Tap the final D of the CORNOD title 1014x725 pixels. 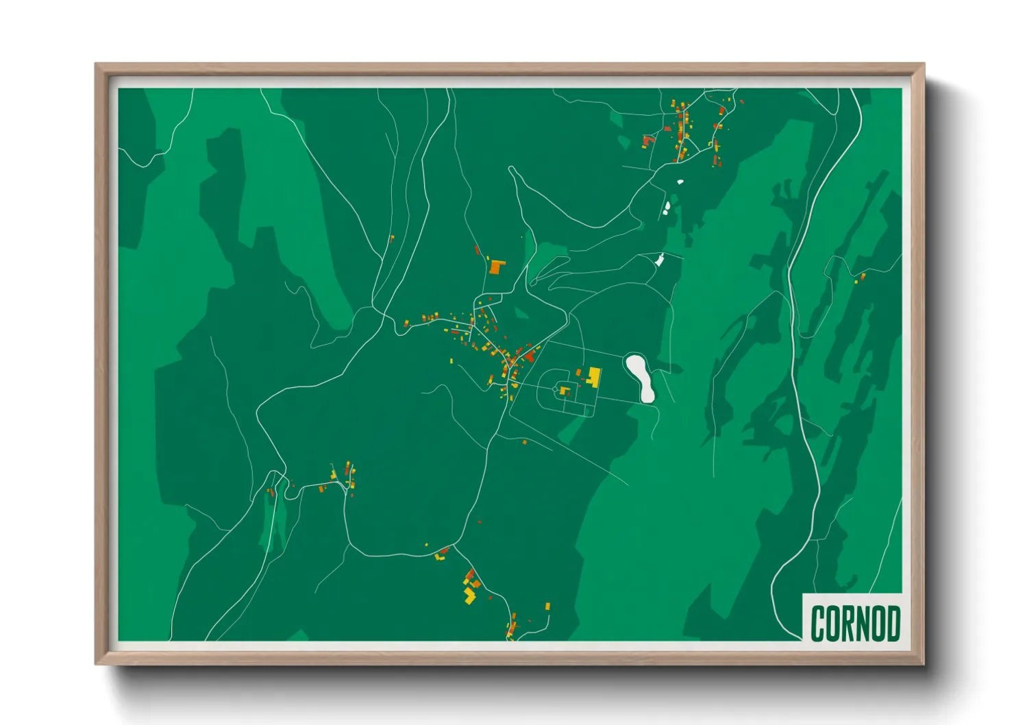pos(893,624)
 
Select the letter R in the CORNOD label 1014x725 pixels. pos(847,624)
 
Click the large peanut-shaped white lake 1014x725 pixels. pos(641,377)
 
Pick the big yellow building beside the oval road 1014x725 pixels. pos(594,376)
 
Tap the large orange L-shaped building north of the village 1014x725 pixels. pos(496,267)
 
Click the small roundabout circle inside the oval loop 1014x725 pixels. pos(555,389)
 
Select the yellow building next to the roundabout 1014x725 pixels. pos(565,391)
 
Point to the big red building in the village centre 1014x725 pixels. pos(530,356)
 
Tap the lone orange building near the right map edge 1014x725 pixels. pos(863,276)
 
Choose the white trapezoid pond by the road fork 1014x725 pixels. pos(660,260)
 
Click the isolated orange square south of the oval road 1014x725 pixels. pos(525,442)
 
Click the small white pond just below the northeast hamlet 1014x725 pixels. pos(680,182)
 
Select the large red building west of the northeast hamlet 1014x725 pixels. pos(647,141)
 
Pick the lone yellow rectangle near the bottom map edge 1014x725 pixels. pos(547,606)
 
